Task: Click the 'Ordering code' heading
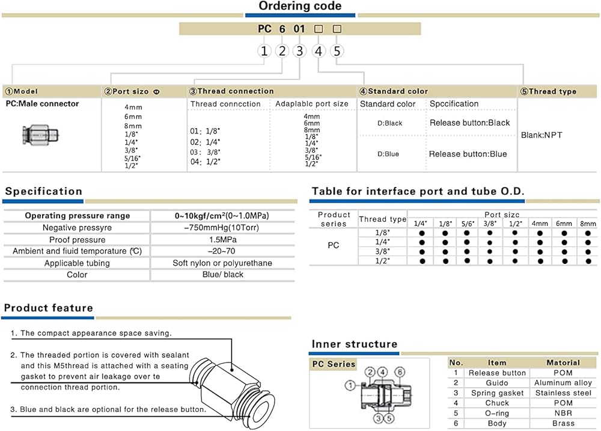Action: [300, 7]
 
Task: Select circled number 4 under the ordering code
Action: [319, 51]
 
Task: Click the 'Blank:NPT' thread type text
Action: [542, 135]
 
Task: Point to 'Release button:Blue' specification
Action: [468, 154]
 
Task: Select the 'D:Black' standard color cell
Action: [389, 123]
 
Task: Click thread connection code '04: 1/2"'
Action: [206, 162]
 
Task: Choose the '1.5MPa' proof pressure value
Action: [222, 240]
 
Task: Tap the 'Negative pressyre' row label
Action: [77, 228]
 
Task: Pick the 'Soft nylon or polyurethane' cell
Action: [222, 263]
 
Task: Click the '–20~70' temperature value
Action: [222, 251]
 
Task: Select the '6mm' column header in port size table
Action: [564, 224]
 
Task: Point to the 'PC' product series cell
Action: [334, 245]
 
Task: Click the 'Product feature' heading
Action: [49, 308]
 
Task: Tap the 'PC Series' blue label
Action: [334, 364]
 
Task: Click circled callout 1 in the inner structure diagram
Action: [349, 384]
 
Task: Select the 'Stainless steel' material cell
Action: [563, 393]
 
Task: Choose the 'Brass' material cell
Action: [563, 424]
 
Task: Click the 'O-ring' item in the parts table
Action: [497, 414]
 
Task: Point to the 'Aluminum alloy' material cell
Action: [563, 383]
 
